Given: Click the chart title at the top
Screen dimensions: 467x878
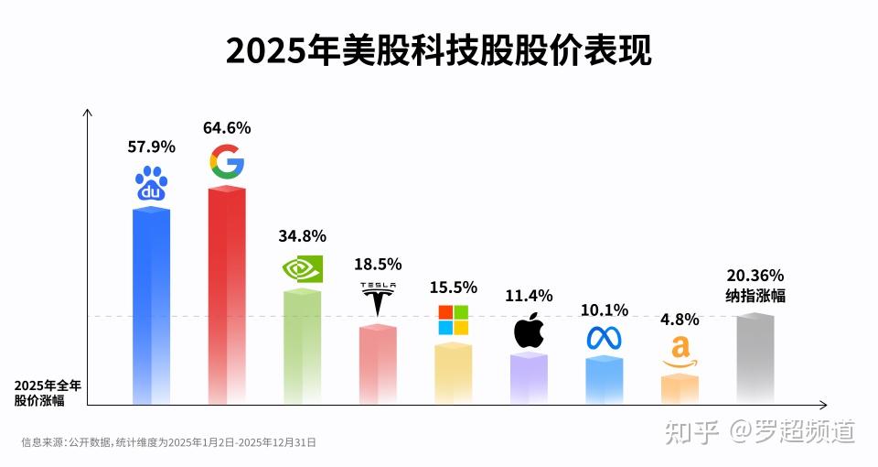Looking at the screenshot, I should (438, 51).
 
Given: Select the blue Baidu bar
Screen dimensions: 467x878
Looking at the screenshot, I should (151, 307).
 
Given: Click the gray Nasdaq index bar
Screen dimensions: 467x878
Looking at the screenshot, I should (755, 359).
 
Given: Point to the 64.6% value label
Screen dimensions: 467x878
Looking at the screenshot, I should (227, 127).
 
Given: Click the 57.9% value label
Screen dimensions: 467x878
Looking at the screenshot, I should (151, 147).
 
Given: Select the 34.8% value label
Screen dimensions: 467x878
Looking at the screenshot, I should (302, 236).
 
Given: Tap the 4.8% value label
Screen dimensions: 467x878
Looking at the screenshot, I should (680, 320).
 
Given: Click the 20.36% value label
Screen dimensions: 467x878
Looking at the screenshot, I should (755, 276).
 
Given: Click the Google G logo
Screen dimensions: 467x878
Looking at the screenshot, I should (227, 162).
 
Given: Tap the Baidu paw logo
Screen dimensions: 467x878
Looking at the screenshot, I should (151, 184).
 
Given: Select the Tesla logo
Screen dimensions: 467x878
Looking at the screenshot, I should (378, 299).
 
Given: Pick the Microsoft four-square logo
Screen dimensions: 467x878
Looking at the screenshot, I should (453, 320).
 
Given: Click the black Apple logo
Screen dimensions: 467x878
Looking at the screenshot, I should (529, 330).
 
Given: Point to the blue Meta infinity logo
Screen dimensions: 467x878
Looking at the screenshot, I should (604, 338).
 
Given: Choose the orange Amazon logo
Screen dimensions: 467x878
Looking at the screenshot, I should (680, 353).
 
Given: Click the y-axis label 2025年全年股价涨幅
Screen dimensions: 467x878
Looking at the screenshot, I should (47, 392).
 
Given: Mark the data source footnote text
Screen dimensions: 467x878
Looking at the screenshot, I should (168, 441).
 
